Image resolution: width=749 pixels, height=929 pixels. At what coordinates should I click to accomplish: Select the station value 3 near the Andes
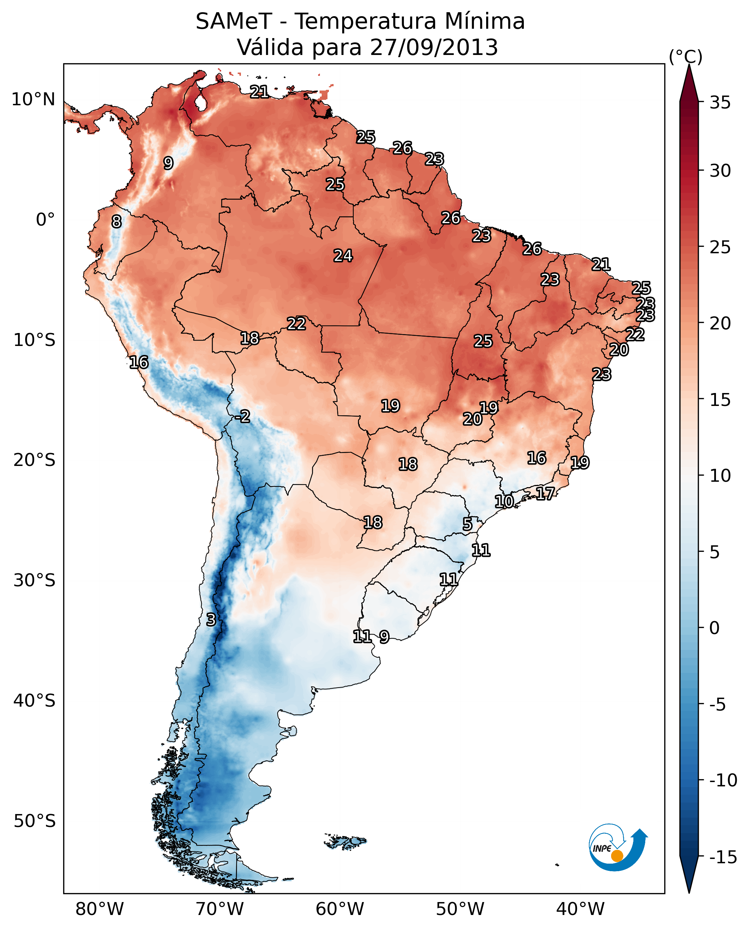[x=210, y=619]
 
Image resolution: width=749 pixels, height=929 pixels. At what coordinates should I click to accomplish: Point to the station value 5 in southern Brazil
[x=467, y=524]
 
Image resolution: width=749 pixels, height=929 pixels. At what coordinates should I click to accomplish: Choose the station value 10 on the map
[x=504, y=501]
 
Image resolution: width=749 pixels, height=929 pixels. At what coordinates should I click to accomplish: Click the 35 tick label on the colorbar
[x=720, y=103]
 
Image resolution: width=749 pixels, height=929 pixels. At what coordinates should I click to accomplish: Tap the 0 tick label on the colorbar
[x=715, y=628]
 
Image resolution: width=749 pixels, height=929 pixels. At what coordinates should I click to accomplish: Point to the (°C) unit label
[x=685, y=56]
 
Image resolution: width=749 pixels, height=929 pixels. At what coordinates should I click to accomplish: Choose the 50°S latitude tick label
[x=34, y=821]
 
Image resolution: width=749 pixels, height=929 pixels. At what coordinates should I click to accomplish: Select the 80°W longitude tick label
[x=100, y=909]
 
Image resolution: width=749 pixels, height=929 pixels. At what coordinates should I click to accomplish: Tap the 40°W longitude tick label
[x=580, y=909]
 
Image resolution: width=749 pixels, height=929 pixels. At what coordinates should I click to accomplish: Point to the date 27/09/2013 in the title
[x=434, y=47]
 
